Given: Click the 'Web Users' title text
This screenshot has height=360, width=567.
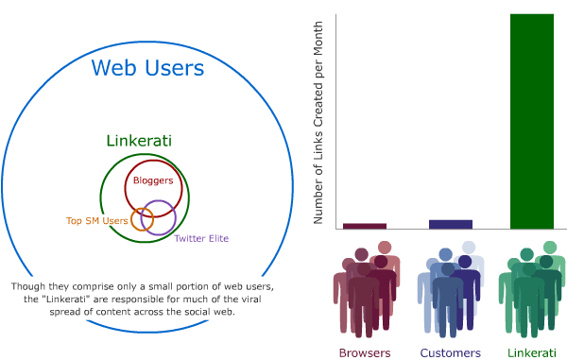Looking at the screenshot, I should tap(146, 68).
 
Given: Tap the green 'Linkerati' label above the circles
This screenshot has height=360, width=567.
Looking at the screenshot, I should tap(138, 141).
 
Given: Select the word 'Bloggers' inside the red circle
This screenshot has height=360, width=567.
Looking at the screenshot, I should tap(153, 180).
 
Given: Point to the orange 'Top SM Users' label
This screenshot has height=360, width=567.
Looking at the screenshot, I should tap(95, 221).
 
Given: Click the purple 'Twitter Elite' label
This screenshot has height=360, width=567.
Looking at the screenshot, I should tap(201, 238).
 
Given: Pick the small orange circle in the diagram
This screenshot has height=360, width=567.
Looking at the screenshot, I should tap(142, 219).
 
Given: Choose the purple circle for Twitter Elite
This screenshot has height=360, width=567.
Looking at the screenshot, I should tap(159, 217).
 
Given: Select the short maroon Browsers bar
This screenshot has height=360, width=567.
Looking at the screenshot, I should tap(365, 226).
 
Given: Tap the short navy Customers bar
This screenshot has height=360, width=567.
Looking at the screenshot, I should tap(451, 224).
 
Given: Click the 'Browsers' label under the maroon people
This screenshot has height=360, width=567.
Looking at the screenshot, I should tap(365, 353).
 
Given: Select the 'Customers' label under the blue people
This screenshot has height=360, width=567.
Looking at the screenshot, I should tap(451, 353).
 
